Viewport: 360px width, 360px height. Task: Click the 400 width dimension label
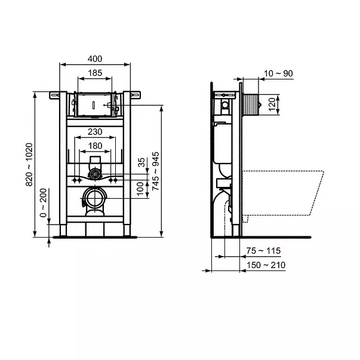95,59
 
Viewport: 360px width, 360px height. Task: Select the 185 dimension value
95,73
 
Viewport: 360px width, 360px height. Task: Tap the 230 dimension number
95,132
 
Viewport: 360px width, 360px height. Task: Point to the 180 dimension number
95,146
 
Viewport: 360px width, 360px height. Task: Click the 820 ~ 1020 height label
29,165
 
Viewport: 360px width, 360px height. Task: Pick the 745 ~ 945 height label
156,171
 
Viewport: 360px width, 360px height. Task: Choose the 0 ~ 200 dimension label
43,203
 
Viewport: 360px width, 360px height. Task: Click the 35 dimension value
141,162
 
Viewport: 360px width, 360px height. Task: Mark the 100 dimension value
140,189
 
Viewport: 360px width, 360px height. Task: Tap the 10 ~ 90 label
278,73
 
